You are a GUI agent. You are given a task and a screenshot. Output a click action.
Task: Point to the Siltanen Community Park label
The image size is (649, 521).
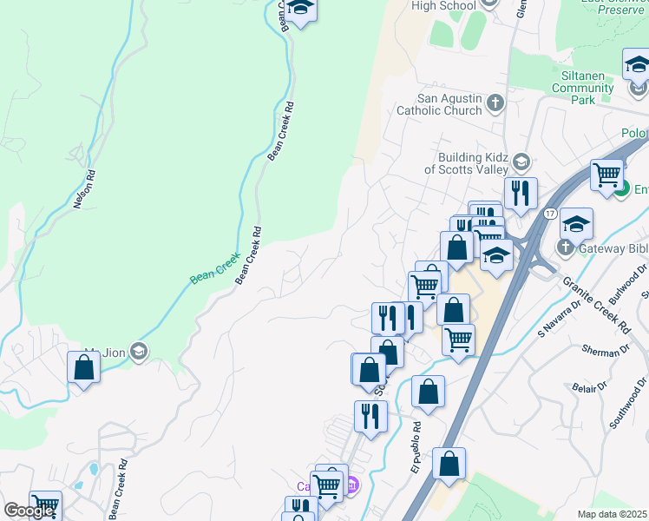click(583, 88)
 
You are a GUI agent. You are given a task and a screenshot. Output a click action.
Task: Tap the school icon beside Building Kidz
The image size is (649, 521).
click(521, 162)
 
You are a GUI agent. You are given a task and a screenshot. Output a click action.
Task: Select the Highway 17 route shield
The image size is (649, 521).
click(550, 213)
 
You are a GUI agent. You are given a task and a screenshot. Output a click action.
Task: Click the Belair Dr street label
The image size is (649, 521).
click(590, 386)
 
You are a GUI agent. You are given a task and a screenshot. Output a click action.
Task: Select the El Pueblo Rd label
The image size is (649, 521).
click(416, 447)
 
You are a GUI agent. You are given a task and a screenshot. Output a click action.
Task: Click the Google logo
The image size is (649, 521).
click(29, 511)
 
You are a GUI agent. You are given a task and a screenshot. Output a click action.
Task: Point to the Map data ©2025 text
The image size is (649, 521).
click(613, 514)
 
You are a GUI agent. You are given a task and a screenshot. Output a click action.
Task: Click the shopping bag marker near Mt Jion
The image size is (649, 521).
click(83, 368)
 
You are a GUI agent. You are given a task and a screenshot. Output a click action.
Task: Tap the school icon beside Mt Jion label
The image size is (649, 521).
click(140, 351)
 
